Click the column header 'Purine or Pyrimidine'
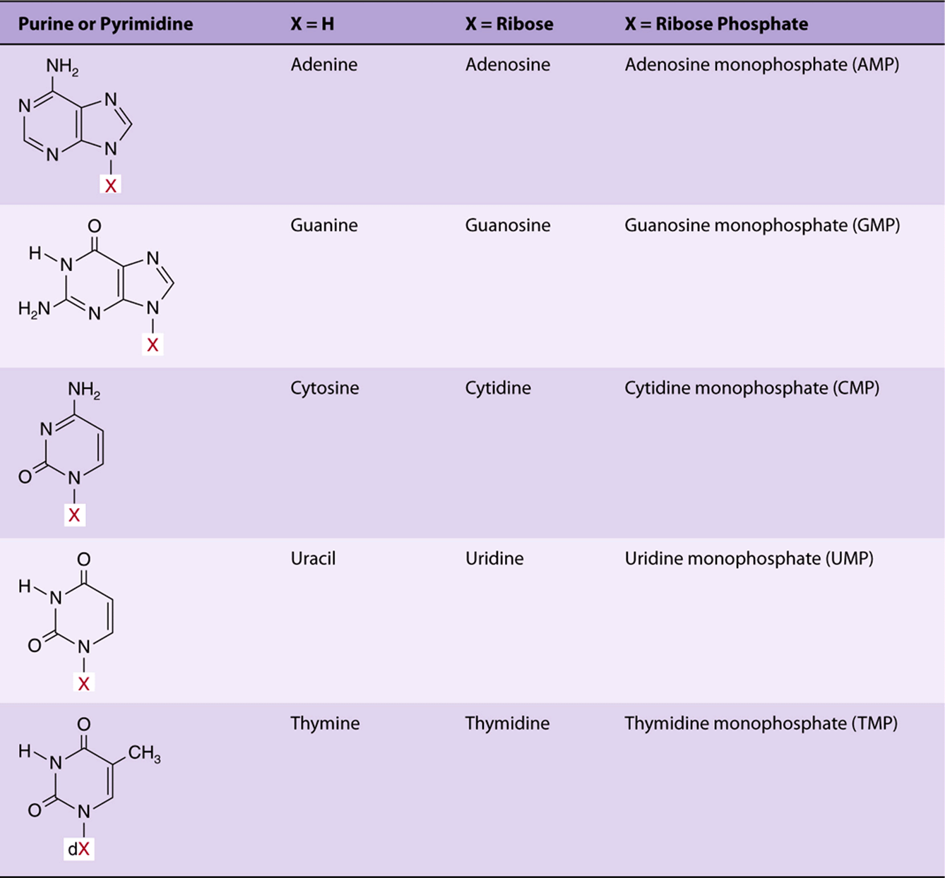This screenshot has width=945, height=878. (x=106, y=24)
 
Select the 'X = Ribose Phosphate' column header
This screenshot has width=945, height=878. (x=716, y=24)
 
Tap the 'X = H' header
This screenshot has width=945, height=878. (x=313, y=24)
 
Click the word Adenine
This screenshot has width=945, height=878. (x=324, y=64)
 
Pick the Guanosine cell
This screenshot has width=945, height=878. (x=508, y=225)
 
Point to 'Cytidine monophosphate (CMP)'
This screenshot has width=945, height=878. (x=751, y=388)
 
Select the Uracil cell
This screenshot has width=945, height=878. (x=313, y=558)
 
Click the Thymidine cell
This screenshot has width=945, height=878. (x=507, y=723)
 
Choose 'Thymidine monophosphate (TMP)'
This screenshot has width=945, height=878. (x=761, y=723)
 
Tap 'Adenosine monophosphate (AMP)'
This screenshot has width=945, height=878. (x=762, y=65)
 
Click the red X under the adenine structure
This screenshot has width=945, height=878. (x=110, y=184)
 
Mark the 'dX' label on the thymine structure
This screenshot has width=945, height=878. (x=79, y=849)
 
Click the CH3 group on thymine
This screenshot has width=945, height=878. (x=144, y=752)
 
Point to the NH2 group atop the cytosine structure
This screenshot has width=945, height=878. (x=84, y=390)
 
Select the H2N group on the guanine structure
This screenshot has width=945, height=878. (x=35, y=309)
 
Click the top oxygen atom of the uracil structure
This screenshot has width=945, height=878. (x=84, y=559)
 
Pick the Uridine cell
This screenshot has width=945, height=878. (x=494, y=558)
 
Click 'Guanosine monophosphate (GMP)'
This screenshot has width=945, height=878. (x=762, y=225)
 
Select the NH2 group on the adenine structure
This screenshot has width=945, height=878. (x=62, y=66)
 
